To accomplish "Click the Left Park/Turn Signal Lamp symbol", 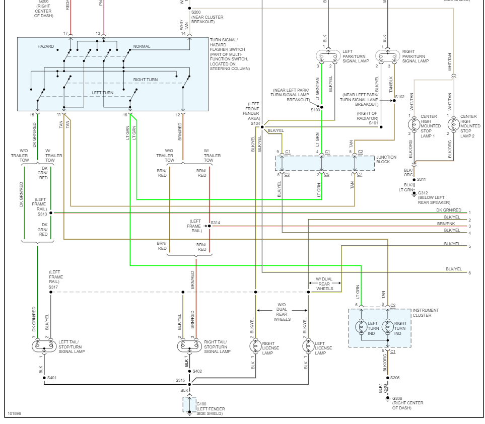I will tap(328, 55).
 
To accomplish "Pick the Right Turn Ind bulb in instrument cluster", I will tap(387, 326).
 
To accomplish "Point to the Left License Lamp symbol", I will tap(308, 346).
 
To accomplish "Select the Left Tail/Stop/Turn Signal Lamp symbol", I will tap(43, 346).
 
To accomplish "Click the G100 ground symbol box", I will tap(189, 405).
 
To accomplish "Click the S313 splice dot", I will tap(51, 213).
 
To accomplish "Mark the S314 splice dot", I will tap(210, 226).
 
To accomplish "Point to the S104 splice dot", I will tap(262, 126).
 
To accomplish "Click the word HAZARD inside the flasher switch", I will tap(45, 46).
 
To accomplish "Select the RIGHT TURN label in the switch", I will tap(146, 80).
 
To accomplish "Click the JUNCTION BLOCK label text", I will tap(386, 160).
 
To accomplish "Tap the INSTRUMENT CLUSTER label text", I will tap(426, 313).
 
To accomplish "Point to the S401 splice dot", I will tap(44, 378).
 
